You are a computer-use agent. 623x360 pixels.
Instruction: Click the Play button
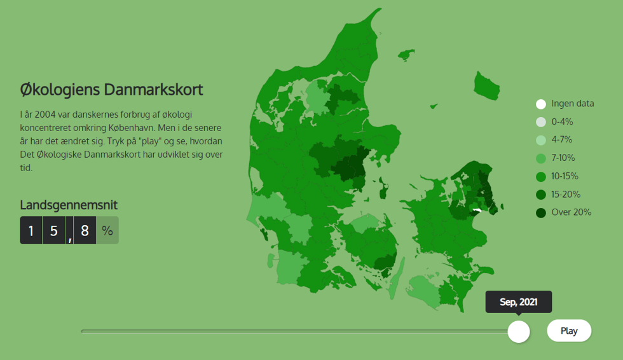(569, 331)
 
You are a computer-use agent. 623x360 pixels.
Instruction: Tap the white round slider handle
(519, 331)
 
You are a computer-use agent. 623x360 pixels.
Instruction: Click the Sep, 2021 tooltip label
(519, 302)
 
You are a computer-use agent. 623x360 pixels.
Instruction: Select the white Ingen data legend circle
(541, 104)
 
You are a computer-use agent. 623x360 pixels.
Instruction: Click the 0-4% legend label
(562, 121)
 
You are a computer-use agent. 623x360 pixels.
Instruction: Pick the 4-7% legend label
(562, 139)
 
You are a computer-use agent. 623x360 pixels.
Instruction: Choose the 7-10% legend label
(563, 158)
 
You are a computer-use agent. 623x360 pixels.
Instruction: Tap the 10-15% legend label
(565, 176)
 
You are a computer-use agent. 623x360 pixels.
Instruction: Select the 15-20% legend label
(566, 194)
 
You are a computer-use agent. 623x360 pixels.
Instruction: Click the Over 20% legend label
(572, 212)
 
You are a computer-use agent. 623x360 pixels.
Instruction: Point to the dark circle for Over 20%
(541, 213)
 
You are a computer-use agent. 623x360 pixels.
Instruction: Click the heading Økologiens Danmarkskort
(111, 90)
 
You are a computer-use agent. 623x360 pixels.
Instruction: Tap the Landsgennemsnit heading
(69, 205)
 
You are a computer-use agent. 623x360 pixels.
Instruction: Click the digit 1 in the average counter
(31, 230)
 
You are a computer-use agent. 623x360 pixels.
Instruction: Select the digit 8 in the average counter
(85, 230)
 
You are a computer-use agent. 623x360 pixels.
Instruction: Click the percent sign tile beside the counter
(107, 230)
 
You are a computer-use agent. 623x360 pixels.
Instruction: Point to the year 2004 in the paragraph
(45, 114)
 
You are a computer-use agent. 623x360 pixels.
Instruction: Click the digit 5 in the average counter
(53, 230)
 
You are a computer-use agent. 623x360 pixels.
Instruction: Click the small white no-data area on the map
(477, 210)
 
